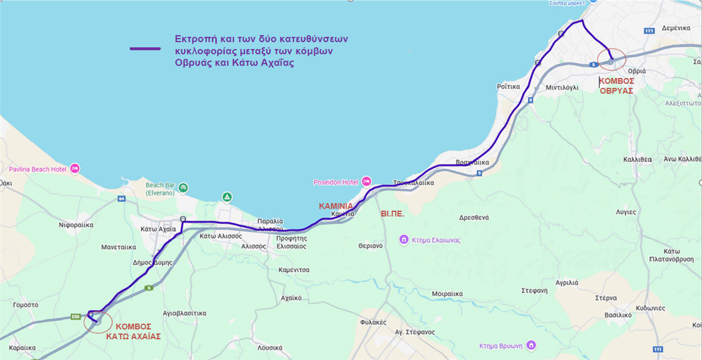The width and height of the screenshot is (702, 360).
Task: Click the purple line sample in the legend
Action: click(x=144, y=49)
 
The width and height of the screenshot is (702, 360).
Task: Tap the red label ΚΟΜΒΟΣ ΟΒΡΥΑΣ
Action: click(x=616, y=87)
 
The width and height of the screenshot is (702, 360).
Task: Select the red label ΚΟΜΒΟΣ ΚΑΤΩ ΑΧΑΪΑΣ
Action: click(x=133, y=332)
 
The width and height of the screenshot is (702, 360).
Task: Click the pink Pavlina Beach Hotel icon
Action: click(x=74, y=169)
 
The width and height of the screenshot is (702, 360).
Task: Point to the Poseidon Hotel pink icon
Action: click(x=367, y=181)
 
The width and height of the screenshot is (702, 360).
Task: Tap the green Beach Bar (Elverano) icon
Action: click(x=183, y=187)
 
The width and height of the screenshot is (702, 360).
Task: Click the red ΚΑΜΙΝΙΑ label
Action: click(x=336, y=206)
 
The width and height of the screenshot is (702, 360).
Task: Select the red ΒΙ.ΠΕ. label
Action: click(x=393, y=214)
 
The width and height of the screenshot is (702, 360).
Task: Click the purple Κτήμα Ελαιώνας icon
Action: click(x=403, y=239)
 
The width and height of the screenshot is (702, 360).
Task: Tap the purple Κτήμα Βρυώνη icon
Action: click(x=531, y=344)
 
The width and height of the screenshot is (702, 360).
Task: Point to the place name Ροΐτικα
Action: click(x=508, y=86)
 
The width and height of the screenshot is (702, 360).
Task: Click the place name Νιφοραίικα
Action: click(x=77, y=225)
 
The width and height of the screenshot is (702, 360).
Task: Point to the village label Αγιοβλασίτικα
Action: click(x=185, y=313)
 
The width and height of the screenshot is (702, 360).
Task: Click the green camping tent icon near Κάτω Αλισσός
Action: click(x=226, y=196)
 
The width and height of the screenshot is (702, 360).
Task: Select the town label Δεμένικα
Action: click(x=677, y=27)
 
